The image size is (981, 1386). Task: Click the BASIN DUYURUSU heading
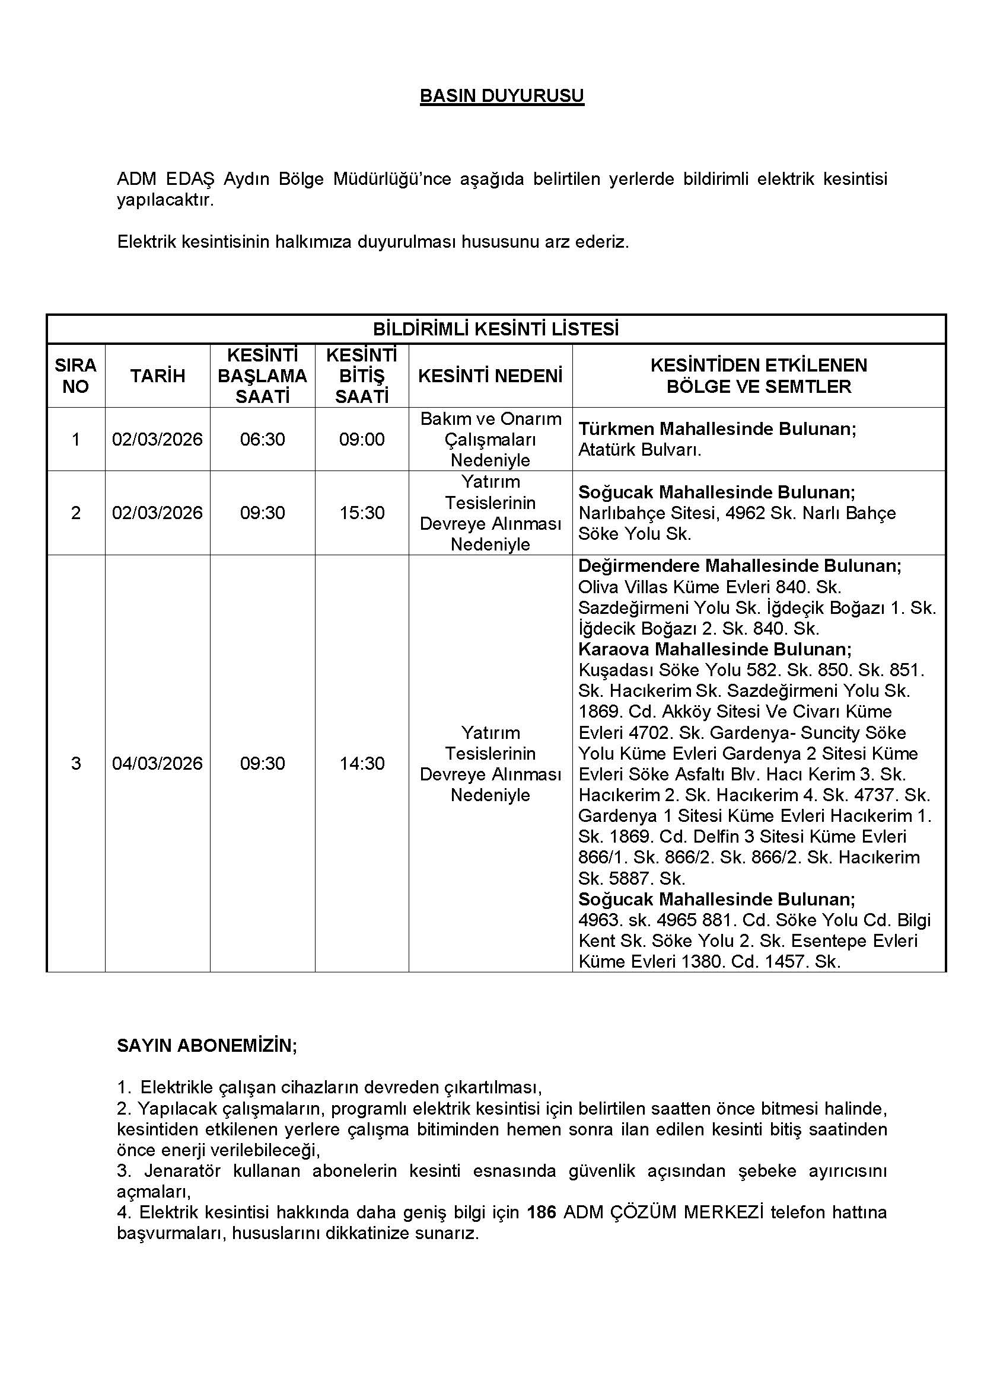(501, 96)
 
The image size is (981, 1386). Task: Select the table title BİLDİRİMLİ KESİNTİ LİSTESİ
(495, 329)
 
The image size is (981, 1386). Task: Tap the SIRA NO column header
(75, 376)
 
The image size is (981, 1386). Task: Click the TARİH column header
(158, 376)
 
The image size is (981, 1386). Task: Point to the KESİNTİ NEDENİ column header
(490, 376)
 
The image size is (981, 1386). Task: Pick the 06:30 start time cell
(262, 439)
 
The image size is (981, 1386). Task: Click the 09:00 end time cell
(361, 439)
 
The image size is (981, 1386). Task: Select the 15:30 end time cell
(361, 513)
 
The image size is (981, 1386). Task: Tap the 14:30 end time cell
(361, 763)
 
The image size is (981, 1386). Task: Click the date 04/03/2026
(158, 763)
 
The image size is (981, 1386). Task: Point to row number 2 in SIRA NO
(75, 513)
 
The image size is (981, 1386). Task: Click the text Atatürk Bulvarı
(640, 450)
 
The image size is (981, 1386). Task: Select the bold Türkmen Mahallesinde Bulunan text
(717, 428)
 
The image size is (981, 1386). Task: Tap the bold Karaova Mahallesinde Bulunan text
(715, 649)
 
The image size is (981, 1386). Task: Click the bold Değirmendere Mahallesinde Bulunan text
(740, 566)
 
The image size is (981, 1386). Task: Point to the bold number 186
(542, 1212)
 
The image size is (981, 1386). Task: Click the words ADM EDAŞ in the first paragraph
(165, 179)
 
